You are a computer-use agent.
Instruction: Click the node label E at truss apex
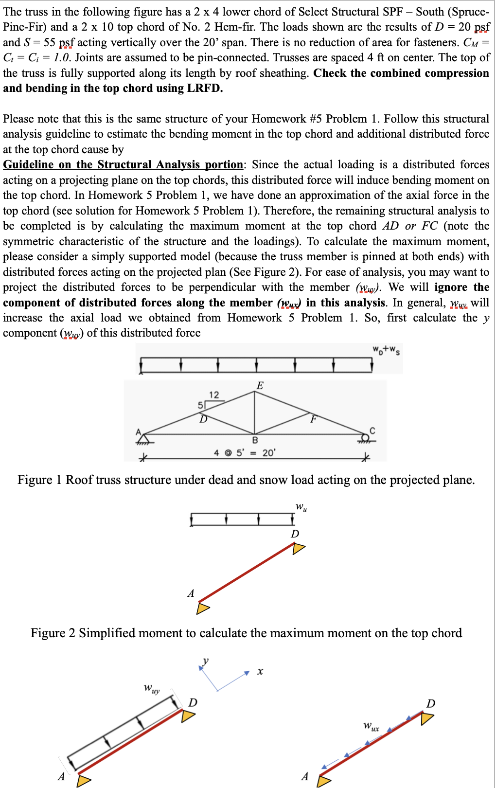pos(260,386)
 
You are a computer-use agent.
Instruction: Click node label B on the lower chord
pos(255,440)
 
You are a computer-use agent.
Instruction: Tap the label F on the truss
pos(314,418)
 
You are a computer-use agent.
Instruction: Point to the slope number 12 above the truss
pos(214,394)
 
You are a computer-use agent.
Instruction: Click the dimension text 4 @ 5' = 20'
pos(245,453)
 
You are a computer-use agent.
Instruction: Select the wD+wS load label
pos(386,349)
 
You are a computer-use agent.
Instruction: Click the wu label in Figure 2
pos(301,507)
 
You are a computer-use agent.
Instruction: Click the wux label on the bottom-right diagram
pos(371,727)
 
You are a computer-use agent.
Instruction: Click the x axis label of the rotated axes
pos(260,672)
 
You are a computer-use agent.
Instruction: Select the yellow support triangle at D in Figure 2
pos(298,548)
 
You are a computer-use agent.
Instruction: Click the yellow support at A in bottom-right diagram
pos(323,781)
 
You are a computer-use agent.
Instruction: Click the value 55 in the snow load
pos(50,42)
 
